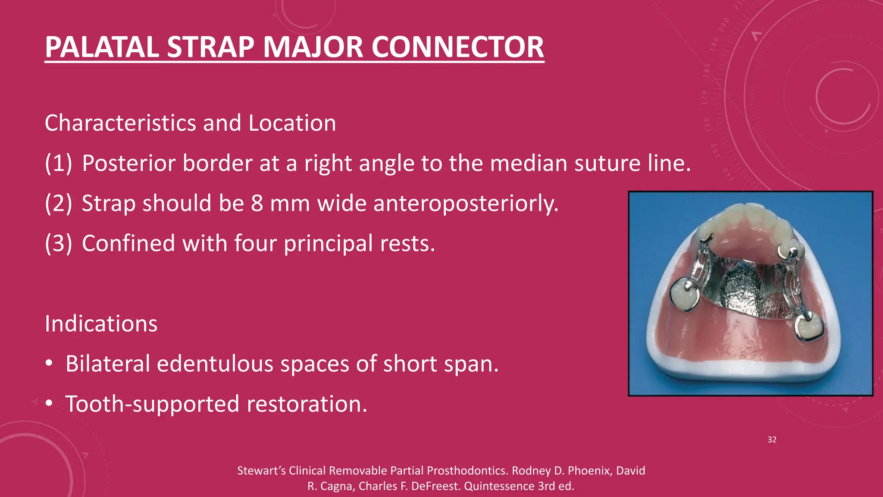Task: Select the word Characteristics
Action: pos(121,123)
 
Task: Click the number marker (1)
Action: pos(59,164)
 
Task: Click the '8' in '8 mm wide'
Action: pos(257,203)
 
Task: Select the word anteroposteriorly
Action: pos(466,203)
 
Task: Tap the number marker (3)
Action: pos(59,243)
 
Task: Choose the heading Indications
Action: pos(101,324)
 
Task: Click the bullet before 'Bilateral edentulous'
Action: pos(49,364)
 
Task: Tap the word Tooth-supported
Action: pos(152,404)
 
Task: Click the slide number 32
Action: pos(772,440)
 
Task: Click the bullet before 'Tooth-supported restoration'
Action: pos(49,404)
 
